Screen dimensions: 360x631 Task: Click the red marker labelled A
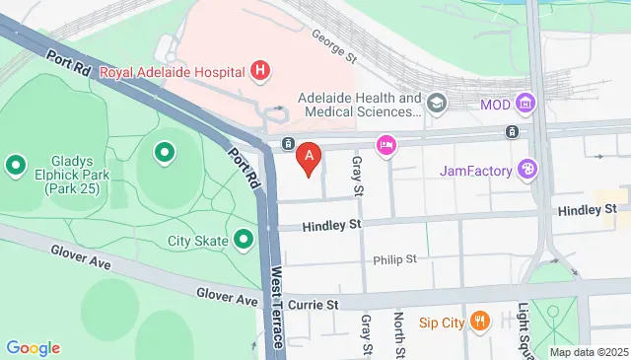tap(311, 157)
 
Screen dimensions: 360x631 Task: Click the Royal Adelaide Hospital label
tap(183, 70)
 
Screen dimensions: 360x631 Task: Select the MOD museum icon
tap(526, 104)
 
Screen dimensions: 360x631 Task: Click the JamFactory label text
tap(476, 171)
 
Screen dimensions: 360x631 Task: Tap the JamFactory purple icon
tap(527, 171)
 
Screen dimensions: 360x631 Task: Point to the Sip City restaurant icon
tap(479, 321)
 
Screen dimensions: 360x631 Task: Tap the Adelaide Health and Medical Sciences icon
tap(437, 103)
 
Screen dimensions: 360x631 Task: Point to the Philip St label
tap(394, 260)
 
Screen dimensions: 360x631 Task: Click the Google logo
tap(33, 347)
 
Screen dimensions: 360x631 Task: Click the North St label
tap(400, 334)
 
